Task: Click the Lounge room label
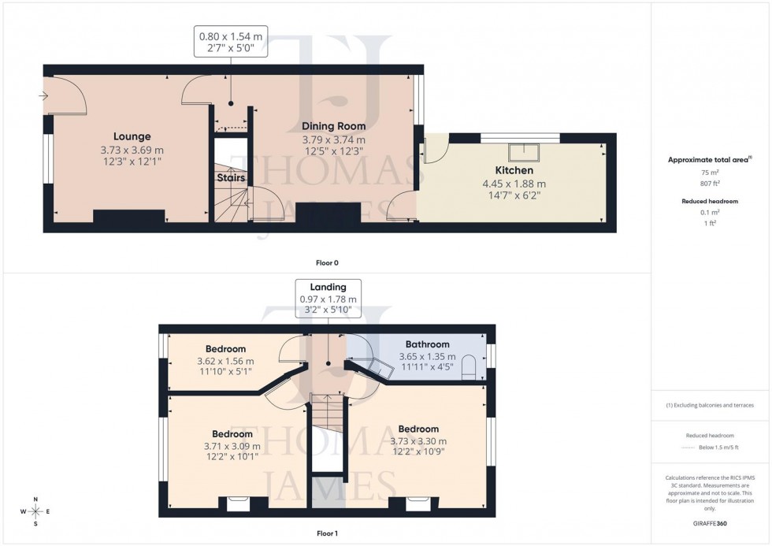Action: pos(132,136)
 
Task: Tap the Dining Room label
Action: pos(333,126)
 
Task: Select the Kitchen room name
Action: pos(514,170)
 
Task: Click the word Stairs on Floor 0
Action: pos(231,178)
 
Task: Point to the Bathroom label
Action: pos(427,344)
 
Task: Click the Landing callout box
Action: pos(328,299)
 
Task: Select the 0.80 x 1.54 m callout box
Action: pos(231,41)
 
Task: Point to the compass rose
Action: pos(35,511)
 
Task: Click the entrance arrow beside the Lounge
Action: pos(43,97)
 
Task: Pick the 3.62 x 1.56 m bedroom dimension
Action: pos(225,362)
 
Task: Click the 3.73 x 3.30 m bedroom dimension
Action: pos(418,441)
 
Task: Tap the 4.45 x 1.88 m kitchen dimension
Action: pos(514,184)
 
